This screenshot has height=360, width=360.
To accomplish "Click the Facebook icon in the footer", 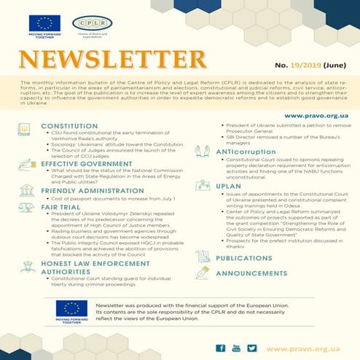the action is (x=221, y=349).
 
